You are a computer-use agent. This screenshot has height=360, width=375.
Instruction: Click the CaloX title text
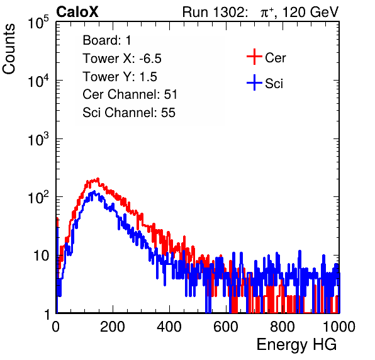point(77,12)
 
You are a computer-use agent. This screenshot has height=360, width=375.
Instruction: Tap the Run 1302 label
point(215,12)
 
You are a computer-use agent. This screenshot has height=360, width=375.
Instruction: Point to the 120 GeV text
point(310,12)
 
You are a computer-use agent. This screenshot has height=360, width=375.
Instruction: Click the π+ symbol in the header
point(267,13)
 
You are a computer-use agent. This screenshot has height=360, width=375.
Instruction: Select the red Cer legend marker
point(254,57)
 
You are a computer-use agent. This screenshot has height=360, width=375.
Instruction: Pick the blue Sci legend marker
point(254,83)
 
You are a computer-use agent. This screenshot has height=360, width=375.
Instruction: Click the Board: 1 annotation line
point(107,40)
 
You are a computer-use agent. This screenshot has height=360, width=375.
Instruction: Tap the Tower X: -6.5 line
point(122,59)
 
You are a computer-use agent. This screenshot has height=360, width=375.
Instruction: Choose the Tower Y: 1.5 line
point(120,77)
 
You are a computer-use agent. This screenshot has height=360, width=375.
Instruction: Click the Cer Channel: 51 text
point(130,94)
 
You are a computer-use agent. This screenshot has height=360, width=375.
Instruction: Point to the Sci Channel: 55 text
point(129,113)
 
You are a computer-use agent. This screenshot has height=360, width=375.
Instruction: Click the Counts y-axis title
point(9,49)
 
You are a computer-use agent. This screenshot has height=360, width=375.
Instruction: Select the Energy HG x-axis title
point(296,345)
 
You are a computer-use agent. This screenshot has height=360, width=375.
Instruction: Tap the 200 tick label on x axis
point(113,327)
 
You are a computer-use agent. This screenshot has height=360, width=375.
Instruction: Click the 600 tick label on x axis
point(226,327)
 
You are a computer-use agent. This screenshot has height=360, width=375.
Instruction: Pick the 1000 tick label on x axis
point(339,327)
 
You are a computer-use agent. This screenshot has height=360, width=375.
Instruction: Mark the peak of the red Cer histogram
point(98,179)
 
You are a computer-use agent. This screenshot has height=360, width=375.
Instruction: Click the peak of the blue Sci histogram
point(94,191)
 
